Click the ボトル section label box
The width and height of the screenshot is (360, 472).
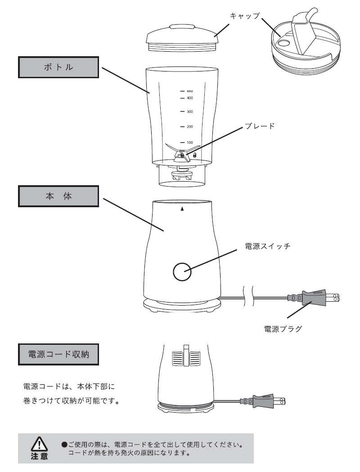pos(58,68)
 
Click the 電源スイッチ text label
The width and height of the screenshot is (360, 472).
pos(268,246)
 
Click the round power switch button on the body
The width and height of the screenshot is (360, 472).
pos(182,271)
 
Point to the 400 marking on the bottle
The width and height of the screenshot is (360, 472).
pos(189,98)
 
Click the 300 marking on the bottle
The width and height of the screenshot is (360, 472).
pos(189,111)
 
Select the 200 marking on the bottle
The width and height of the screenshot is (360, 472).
pos(189,127)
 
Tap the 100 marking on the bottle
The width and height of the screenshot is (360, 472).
pos(189,142)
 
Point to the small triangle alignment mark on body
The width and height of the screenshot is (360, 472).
pos(182,209)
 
